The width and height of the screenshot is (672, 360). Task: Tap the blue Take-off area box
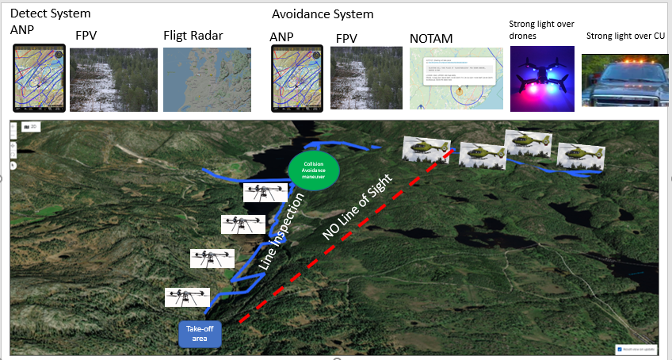pyautogui.click(x=200, y=333)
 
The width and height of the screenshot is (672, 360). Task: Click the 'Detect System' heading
pyautogui.click(x=50, y=13)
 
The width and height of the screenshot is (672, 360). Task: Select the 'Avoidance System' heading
pyautogui.click(x=322, y=14)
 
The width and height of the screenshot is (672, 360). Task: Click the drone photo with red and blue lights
pyautogui.click(x=542, y=79)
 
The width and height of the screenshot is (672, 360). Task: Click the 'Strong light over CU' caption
pyautogui.click(x=625, y=36)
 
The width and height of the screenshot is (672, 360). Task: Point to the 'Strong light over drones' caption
pyautogui.click(x=541, y=29)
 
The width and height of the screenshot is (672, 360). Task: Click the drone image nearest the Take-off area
pyautogui.click(x=188, y=297)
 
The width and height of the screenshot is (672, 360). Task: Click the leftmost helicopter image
pyautogui.click(x=426, y=148)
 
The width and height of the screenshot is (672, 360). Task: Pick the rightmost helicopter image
pyautogui.click(x=581, y=155)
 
